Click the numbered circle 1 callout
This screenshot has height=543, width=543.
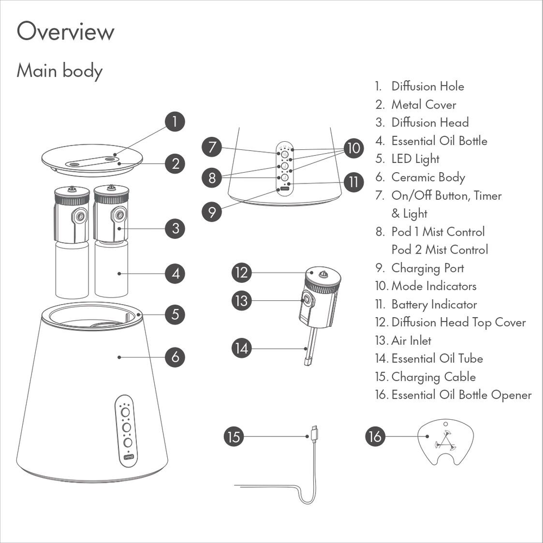pyautogui.click(x=174, y=121)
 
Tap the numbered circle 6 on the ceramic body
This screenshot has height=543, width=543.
pyautogui.click(x=174, y=357)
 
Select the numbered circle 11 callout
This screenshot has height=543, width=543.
pyautogui.click(x=353, y=182)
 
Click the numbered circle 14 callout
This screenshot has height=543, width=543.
pyautogui.click(x=242, y=348)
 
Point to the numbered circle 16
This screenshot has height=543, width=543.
pyautogui.click(x=375, y=437)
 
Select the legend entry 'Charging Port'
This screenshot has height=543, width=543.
pyautogui.click(x=427, y=268)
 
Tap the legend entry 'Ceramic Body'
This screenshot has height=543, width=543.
pyautogui.click(x=428, y=177)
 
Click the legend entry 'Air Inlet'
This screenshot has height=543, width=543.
pyautogui.click(x=411, y=340)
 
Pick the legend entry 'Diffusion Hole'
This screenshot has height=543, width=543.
pyautogui.click(x=427, y=86)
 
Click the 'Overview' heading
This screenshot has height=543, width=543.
pyautogui.click(x=66, y=32)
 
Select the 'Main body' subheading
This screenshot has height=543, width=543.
pyautogui.click(x=60, y=71)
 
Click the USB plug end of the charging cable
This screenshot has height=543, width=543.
pyautogui.click(x=313, y=433)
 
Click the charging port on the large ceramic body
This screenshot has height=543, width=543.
pyautogui.click(x=128, y=457)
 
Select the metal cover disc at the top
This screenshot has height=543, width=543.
pyautogui.click(x=92, y=159)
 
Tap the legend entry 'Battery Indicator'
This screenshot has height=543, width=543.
pyautogui.click(x=434, y=304)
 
